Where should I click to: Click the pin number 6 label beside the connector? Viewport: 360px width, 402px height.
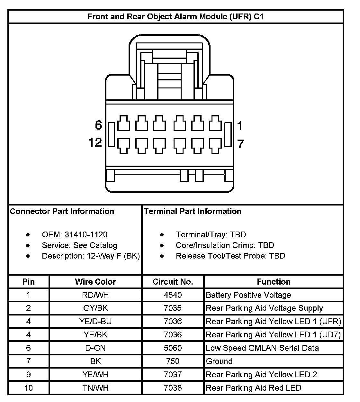98,125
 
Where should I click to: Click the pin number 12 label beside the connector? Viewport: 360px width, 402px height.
95,142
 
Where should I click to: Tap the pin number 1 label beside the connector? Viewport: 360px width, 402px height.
239,126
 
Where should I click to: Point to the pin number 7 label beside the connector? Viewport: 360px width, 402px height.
240,144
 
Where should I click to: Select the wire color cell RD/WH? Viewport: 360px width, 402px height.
95,295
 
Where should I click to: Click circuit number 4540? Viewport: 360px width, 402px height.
173,295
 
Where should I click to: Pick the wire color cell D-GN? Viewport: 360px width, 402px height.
95,348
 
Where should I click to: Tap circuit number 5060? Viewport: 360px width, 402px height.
173,348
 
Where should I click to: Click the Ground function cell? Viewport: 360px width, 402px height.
219,361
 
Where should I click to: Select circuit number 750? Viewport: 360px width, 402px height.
173,361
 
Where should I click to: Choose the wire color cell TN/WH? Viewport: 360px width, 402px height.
95,388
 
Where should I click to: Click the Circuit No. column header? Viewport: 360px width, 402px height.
173,282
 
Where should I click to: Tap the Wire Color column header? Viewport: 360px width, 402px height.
95,282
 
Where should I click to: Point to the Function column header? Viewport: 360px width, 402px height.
274,282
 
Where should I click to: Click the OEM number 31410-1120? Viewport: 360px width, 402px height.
86,235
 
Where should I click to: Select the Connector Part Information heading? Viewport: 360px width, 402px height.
62,211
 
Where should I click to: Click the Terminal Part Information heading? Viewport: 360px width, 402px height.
193,211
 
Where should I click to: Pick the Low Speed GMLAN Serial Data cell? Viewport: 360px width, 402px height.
262,348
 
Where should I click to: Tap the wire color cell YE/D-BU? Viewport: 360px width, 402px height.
95,321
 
